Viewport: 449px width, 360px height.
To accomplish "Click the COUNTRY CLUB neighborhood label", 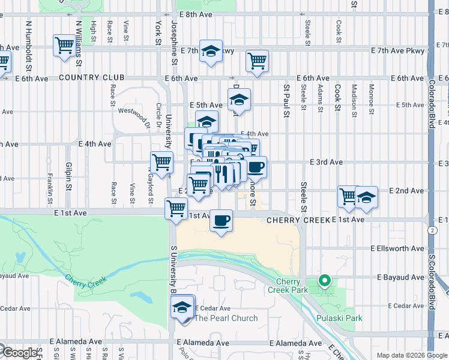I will point(91,78).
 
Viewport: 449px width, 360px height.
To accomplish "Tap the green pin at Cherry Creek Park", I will point(325,280).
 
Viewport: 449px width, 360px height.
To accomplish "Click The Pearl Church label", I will point(226,318).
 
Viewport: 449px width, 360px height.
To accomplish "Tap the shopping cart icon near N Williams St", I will point(64,45).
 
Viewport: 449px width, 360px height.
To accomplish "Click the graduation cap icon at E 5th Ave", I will point(239,100).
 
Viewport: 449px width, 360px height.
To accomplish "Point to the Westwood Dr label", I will point(133,113).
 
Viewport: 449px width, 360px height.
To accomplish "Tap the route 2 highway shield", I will point(432,230).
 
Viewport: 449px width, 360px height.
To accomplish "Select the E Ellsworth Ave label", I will point(397,248).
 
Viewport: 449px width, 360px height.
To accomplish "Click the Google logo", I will point(19,353).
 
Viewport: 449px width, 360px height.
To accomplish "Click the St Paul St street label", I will point(286,100).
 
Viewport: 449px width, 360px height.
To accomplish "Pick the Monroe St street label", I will point(372,99).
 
